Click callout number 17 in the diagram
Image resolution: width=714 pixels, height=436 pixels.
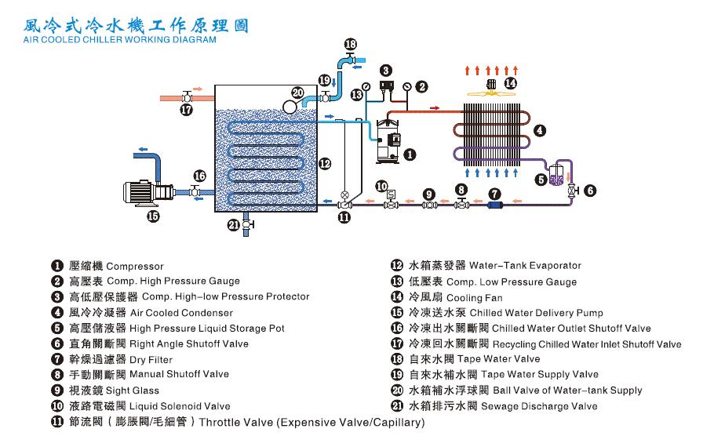click(186, 111)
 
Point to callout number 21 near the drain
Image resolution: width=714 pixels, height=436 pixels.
click(232, 225)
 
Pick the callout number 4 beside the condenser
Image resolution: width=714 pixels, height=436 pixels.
click(540, 130)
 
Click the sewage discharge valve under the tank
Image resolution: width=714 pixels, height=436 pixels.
click(248, 225)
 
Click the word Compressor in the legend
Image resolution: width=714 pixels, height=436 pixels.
click(135, 267)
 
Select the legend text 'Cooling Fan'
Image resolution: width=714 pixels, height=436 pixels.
click(475, 298)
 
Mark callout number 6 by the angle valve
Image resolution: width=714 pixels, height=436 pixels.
click(589, 190)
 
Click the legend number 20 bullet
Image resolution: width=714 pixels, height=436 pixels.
click(397, 391)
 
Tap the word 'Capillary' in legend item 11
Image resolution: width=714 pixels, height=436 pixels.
click(392, 423)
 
